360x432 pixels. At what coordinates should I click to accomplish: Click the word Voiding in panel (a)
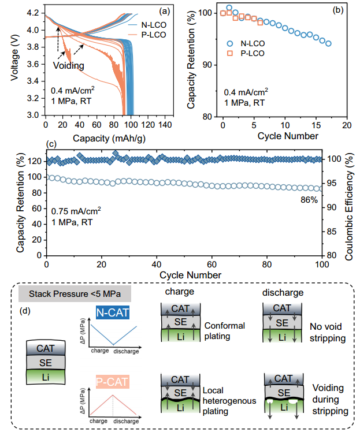(69, 66)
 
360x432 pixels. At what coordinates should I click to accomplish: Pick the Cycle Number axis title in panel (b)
(284, 136)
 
